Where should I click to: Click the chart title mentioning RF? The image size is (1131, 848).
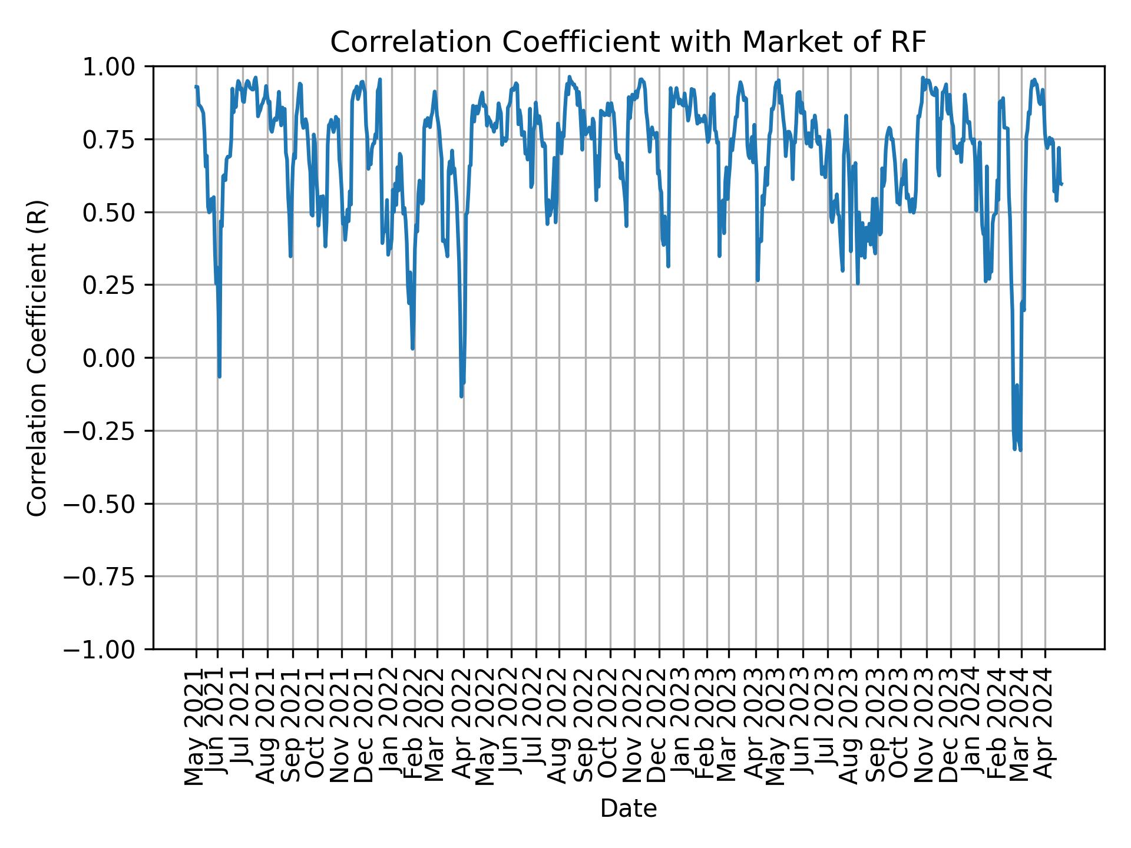tap(628, 42)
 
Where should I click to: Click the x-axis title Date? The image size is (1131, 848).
tap(628, 809)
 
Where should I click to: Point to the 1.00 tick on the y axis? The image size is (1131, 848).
tap(117, 67)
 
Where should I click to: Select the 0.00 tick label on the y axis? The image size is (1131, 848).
tap(117, 358)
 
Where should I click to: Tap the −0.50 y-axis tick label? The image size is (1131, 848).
tap(108, 503)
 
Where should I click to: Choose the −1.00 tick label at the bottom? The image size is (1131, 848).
tap(108, 649)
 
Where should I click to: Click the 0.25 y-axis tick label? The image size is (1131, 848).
tap(117, 285)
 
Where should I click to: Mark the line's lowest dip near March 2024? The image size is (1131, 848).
tap(1020, 450)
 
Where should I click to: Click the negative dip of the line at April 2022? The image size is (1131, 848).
tap(461, 396)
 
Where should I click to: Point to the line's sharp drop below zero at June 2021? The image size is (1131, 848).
tap(220, 376)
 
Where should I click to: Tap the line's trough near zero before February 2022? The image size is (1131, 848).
tap(412, 348)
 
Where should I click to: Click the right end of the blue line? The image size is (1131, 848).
tap(1061, 184)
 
